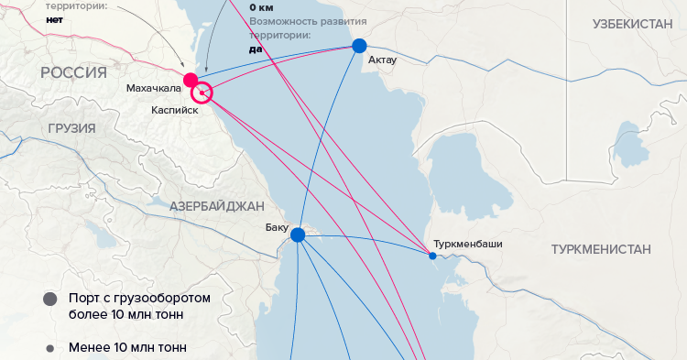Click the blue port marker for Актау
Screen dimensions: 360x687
coord(359,46)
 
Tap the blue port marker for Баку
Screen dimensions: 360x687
coord(298,235)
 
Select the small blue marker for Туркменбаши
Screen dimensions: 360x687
coord(433,256)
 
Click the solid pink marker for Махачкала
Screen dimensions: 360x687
coord(191,80)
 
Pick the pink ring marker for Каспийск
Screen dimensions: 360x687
coord(202,93)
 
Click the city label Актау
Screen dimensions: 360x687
coord(382,61)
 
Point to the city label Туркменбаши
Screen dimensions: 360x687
coord(469,245)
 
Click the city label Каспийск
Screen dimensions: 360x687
coord(175,109)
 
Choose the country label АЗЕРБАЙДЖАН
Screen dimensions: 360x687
coord(216,206)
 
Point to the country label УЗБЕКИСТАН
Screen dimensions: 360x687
coord(633,24)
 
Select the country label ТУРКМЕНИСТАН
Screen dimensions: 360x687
coord(601,249)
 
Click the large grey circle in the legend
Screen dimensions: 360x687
coord(49,300)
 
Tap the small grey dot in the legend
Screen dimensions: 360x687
coord(49,348)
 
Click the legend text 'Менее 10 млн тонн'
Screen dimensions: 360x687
coord(127,348)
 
